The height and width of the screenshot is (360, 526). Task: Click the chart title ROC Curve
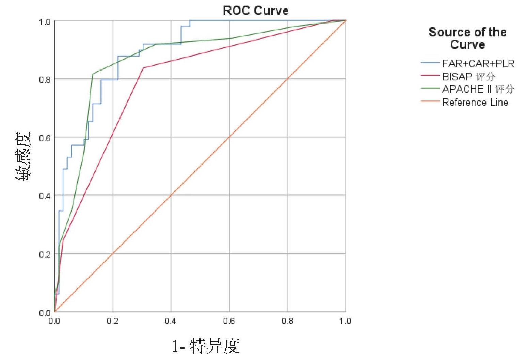255,11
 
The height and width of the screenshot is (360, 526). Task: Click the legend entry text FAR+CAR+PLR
478,64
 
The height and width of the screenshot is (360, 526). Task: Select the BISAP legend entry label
468,77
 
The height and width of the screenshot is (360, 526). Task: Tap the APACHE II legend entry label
478,89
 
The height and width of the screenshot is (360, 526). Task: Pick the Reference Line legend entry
475,102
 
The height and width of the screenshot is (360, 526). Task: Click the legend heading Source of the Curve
467,38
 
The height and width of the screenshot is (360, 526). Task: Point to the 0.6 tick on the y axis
45,138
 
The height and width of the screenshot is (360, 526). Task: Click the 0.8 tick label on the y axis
45,80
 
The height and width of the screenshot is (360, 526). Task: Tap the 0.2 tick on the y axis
45,254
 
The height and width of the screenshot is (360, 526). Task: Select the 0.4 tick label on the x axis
171,321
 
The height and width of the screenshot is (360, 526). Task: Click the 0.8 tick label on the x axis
287,321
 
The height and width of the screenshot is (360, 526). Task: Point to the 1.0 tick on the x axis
345,321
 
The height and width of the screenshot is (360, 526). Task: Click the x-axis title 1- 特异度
206,346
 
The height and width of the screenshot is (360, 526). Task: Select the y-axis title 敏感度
23,156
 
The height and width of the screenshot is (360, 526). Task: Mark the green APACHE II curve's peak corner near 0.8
93,74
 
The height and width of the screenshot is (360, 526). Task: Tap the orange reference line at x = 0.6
229,137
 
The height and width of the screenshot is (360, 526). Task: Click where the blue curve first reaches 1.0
190,21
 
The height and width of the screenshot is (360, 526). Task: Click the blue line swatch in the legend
430,63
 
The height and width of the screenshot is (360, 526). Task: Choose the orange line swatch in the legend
430,101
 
